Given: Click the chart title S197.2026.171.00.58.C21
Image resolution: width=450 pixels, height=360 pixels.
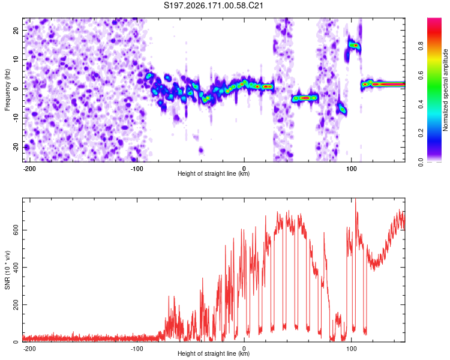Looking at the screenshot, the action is pyautogui.click(x=213, y=5).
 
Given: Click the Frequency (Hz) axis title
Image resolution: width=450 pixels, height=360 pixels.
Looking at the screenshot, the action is pyautogui.click(x=7, y=90).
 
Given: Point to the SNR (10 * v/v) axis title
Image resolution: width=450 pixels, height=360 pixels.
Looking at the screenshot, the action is pyautogui.click(x=7, y=270).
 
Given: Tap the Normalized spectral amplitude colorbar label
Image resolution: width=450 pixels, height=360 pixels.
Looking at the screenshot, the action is pyautogui.click(x=445, y=90).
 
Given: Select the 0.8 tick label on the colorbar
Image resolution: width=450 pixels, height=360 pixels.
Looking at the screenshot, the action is pyautogui.click(x=421, y=46).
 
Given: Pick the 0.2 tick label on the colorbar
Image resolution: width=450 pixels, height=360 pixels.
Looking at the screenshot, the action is pyautogui.click(x=421, y=133).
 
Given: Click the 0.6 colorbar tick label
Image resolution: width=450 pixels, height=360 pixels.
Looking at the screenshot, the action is pyautogui.click(x=421, y=75).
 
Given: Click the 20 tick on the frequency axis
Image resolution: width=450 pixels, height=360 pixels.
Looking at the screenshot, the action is pyautogui.click(x=16, y=30).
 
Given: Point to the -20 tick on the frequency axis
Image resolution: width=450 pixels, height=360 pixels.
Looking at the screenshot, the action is pyautogui.click(x=16, y=148).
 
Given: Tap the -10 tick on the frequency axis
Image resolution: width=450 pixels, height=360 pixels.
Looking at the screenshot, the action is pyautogui.click(x=16, y=118).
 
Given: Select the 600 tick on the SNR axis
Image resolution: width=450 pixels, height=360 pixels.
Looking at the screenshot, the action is pyautogui.click(x=16, y=230).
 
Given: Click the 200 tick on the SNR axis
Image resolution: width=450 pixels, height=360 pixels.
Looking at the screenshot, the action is pyautogui.click(x=16, y=305).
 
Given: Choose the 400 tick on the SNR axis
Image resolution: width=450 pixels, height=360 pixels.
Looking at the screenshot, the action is pyautogui.click(x=16, y=267).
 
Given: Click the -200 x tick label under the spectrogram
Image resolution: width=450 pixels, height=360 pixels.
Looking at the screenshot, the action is pyautogui.click(x=29, y=169).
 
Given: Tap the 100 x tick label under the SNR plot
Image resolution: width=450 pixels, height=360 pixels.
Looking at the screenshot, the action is pyautogui.click(x=351, y=349).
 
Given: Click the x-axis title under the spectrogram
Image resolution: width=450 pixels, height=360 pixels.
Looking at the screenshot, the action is pyautogui.click(x=214, y=173).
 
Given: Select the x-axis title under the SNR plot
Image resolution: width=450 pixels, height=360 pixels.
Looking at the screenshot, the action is pyautogui.click(x=214, y=353).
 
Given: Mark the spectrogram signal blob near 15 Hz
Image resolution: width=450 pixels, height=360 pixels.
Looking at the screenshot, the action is pyautogui.click(x=353, y=45).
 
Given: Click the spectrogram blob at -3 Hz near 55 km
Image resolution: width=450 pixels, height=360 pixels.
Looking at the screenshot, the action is pyautogui.click(x=305, y=98).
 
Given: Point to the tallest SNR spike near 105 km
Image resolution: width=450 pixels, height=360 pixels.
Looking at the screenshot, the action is pyautogui.click(x=356, y=199).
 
